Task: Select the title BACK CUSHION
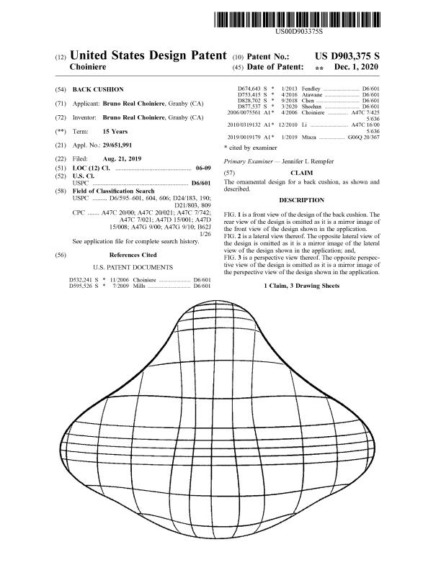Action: coord(100,89)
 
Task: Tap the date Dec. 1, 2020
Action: coord(357,66)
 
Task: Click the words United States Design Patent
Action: coord(148,55)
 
